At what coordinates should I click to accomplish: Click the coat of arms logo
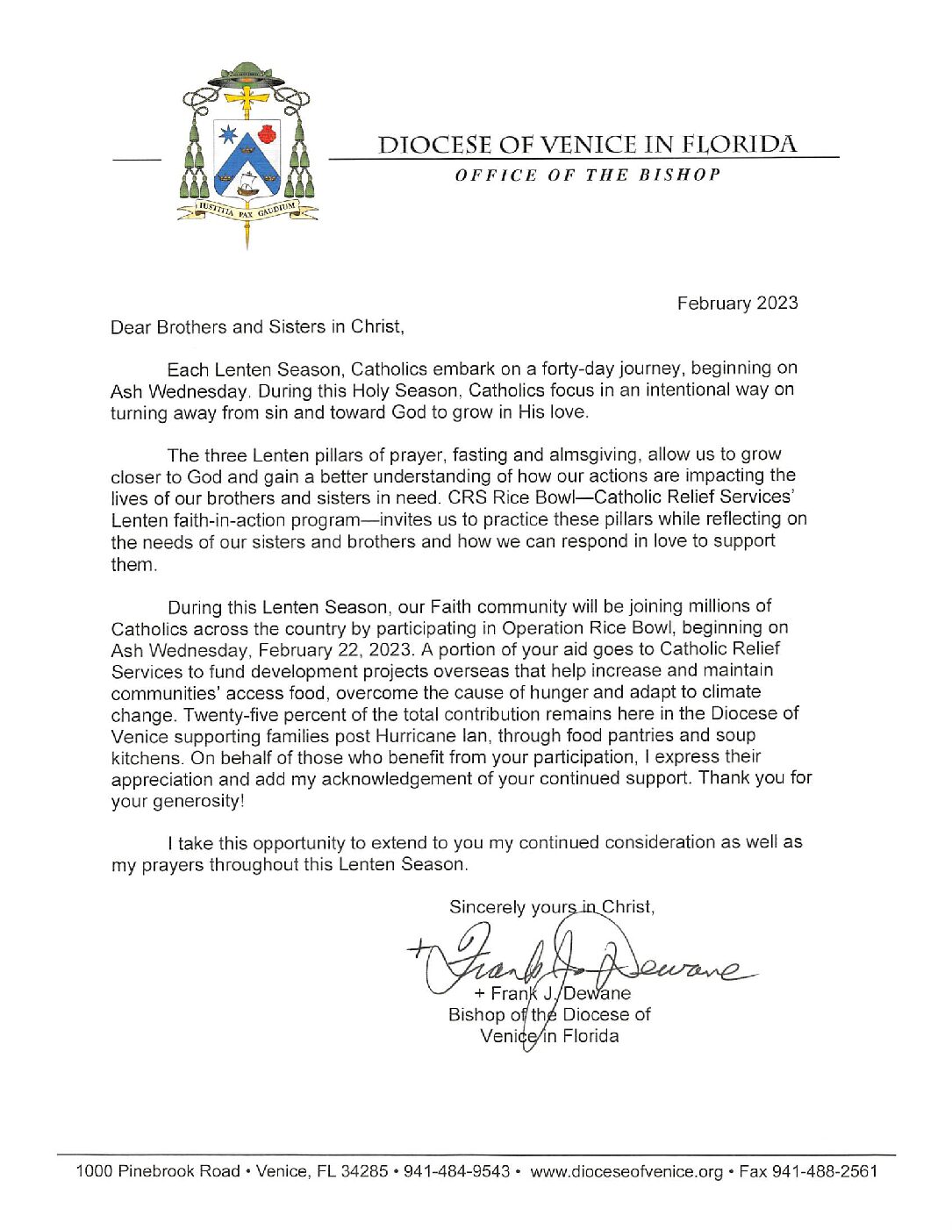(247, 154)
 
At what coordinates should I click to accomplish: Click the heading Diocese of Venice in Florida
(587, 145)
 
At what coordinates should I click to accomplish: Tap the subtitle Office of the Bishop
(587, 175)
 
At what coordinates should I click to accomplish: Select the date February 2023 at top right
(737, 303)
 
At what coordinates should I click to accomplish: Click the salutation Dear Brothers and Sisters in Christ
(257, 327)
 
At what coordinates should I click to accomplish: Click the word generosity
(197, 801)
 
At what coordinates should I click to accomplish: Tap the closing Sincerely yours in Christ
(551, 907)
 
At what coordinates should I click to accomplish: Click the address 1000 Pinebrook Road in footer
(158, 1171)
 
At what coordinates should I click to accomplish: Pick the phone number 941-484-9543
(456, 1171)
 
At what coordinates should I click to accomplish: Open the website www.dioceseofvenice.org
(626, 1171)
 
